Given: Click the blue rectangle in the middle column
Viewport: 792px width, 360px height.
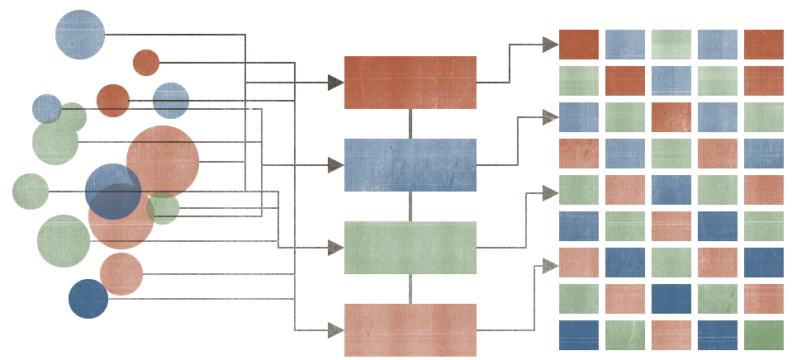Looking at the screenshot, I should pos(410,165).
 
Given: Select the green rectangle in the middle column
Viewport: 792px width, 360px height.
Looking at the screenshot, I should pos(410,248).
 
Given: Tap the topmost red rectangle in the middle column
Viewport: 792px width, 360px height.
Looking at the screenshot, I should pos(410,83).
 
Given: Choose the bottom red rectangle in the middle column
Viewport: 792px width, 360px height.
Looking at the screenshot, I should pos(410,330).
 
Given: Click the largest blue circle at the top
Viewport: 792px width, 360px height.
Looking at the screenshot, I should pos(80,35).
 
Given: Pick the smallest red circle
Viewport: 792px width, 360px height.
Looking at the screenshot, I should pos(146,63).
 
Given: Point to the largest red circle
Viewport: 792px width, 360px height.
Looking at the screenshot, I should pos(163,162).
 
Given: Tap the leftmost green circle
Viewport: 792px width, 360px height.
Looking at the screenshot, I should pos(31,192).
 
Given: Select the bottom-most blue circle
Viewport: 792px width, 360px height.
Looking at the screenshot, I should pos(88,299).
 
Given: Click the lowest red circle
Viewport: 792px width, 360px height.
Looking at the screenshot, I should pos(121,274).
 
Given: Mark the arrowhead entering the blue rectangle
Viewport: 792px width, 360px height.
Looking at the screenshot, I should pos(335,165).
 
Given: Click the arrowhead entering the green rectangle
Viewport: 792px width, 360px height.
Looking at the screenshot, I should pos(335,248).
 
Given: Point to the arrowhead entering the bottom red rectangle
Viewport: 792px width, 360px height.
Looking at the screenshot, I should pos(335,330).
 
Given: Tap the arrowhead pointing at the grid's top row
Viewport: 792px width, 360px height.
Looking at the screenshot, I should pos(550,45).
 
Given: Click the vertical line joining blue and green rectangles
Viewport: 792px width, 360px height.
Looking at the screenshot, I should pos(410,206).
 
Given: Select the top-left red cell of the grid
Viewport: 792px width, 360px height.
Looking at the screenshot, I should pos(579,45).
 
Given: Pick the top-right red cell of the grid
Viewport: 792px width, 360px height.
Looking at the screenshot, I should pos(764,45).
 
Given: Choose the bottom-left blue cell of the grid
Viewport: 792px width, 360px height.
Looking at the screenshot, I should pos(579,335).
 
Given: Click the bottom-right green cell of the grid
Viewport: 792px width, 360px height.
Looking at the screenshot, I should pos(764,335).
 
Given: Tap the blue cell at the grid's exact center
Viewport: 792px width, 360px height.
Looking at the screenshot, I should pos(671,190).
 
